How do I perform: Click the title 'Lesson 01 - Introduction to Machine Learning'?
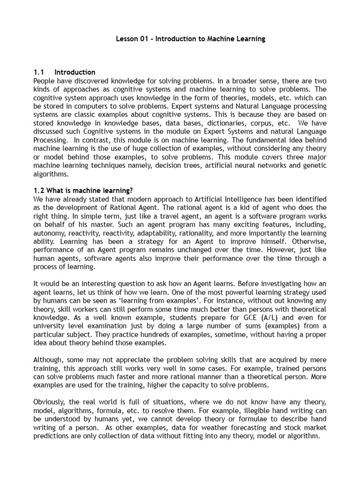pos(190,39)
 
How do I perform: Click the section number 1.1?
pos(38,72)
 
